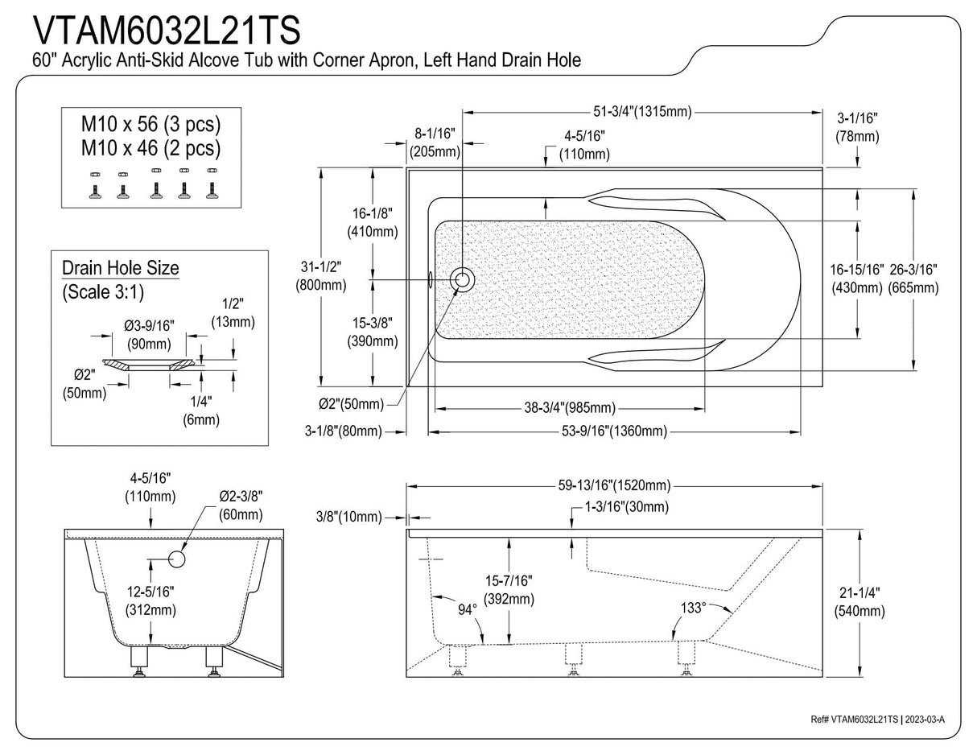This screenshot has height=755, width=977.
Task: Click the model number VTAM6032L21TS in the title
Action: [167, 30]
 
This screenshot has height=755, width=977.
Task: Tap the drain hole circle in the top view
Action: [463, 279]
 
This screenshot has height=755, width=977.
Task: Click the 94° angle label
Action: [468, 609]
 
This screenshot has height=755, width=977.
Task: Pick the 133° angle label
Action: [693, 608]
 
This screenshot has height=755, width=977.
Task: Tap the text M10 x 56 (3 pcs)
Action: [150, 125]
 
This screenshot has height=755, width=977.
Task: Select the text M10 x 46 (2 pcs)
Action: [150, 148]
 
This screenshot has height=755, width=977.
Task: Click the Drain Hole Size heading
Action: [121, 267]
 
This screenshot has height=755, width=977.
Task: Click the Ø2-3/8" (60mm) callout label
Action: [241, 505]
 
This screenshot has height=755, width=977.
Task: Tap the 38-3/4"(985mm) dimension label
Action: [570, 408]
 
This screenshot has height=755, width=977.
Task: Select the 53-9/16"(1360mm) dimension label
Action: [614, 431]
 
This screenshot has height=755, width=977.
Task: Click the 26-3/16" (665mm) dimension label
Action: [913, 278]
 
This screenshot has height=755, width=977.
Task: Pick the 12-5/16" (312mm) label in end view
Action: [150, 600]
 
